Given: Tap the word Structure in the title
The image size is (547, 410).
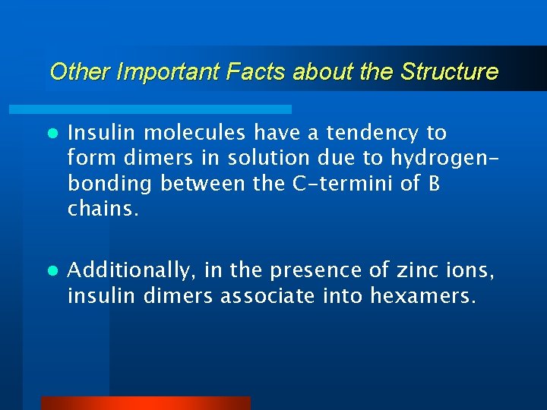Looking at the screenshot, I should (x=449, y=72).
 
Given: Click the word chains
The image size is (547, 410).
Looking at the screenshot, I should (x=103, y=209).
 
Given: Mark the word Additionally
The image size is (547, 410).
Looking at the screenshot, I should (x=129, y=270).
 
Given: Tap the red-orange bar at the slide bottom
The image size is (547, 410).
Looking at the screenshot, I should (x=145, y=403).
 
